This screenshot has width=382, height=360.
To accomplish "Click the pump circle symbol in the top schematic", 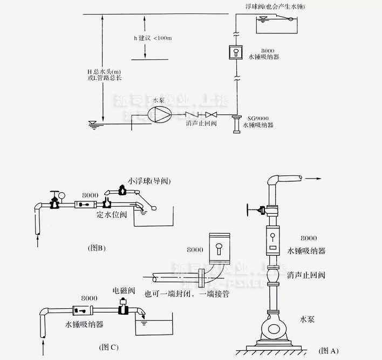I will (x=160, y=114).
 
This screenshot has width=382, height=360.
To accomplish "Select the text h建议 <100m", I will (x=152, y=38).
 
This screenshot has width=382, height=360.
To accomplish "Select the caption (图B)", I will (x=96, y=248).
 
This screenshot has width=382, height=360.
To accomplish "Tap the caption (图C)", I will (x=108, y=347).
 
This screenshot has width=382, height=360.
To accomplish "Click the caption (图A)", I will (x=328, y=350).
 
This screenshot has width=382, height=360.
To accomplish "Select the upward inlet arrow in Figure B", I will (x=37, y=241).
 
